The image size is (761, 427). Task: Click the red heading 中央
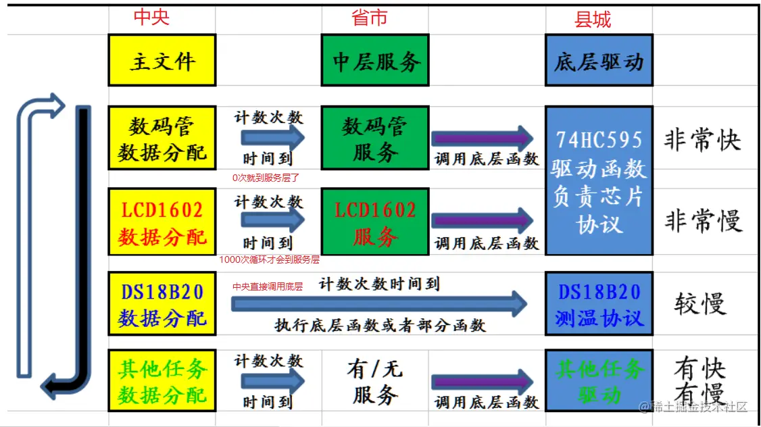[x=151, y=18]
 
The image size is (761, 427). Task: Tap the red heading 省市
[x=370, y=18]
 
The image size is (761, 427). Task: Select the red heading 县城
[x=593, y=20]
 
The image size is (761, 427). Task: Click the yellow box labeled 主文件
[x=162, y=61]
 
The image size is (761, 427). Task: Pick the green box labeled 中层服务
[x=375, y=61]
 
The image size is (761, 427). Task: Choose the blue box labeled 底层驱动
[x=599, y=61]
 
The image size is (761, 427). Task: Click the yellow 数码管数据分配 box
[x=162, y=138]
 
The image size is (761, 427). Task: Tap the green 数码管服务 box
[x=375, y=138]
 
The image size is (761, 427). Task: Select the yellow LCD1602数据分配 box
[x=162, y=222]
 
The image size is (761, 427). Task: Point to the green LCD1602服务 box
[x=375, y=222]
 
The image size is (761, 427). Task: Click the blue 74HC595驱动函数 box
[x=599, y=180]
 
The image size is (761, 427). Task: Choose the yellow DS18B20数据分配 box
[x=162, y=304]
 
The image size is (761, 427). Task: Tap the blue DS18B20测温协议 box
[x=599, y=304]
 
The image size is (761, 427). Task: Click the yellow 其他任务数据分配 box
[x=162, y=380]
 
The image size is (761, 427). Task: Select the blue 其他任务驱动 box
[x=599, y=380]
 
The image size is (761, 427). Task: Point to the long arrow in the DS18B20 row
[x=378, y=304]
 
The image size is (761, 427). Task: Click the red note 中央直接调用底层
[x=268, y=287]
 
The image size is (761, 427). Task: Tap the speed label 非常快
[x=702, y=140]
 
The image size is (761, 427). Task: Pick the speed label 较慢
[x=700, y=304]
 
